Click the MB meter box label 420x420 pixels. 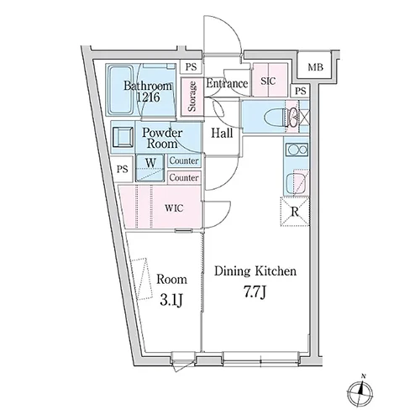coord(316,67)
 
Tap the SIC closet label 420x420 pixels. coord(268,81)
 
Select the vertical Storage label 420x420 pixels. coord(192,97)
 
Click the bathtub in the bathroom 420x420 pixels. coord(121,90)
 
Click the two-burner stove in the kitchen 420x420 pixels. coord(297,150)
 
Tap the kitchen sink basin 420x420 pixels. coord(295,184)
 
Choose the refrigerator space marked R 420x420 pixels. coord(295,212)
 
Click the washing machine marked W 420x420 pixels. coord(150,168)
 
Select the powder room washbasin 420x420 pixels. coord(123,137)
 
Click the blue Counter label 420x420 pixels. coord(184,160)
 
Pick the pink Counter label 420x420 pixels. coord(184,177)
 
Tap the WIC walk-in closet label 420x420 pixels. coord(174,208)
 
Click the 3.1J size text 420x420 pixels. coord(171,300)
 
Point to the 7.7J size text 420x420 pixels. coord(255,292)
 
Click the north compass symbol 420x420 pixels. coord(360,392)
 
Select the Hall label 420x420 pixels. coord(222,133)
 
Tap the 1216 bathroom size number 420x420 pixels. coord(148,97)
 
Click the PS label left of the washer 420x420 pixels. coord(123,169)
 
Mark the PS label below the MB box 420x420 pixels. coord(301,91)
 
